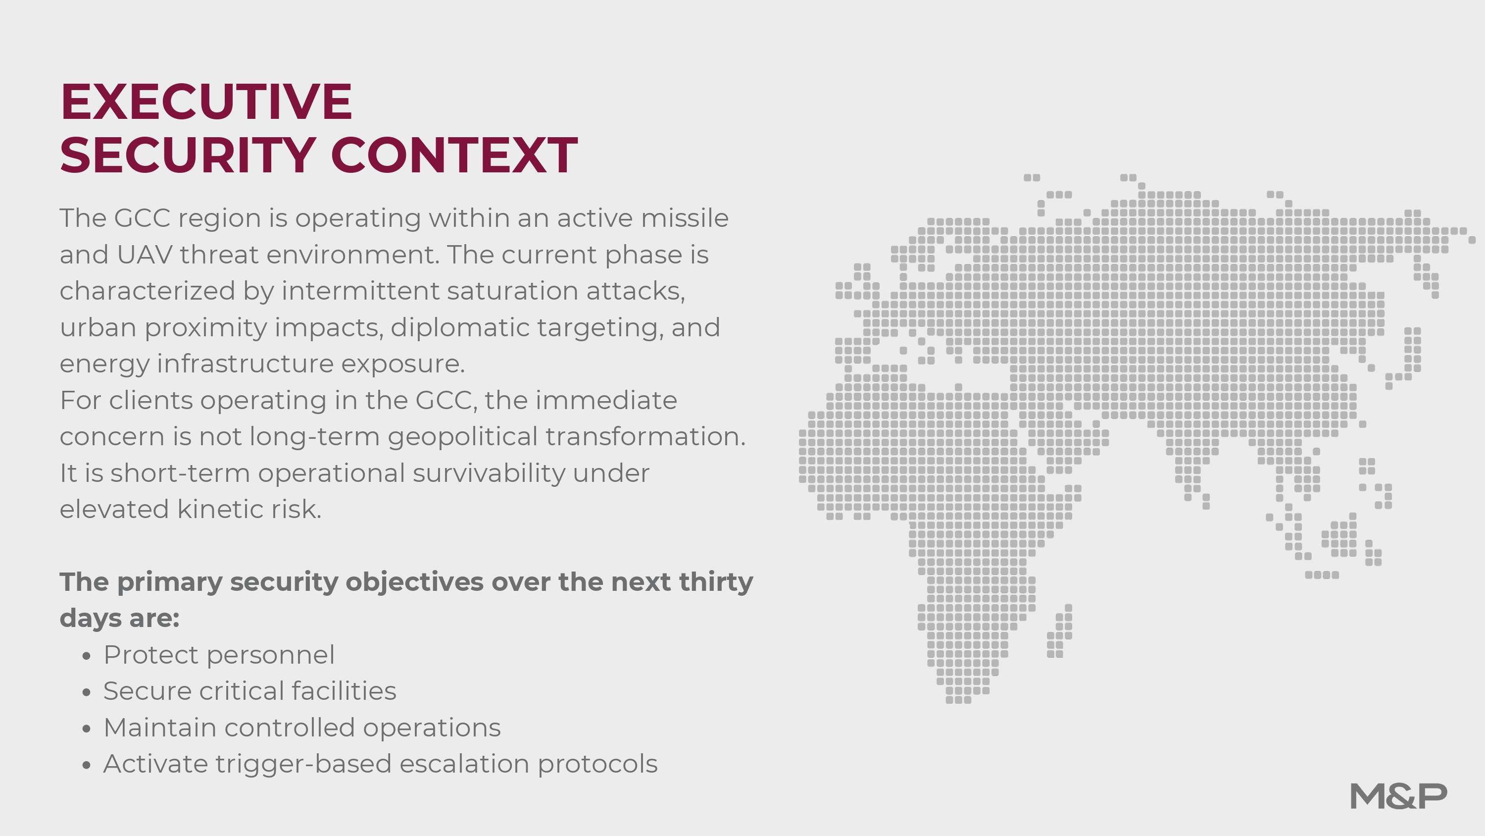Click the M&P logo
point(1398,797)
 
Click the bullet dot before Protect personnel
point(87,656)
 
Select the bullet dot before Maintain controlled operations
point(87,729)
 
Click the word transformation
point(645,437)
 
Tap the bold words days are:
point(119,619)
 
